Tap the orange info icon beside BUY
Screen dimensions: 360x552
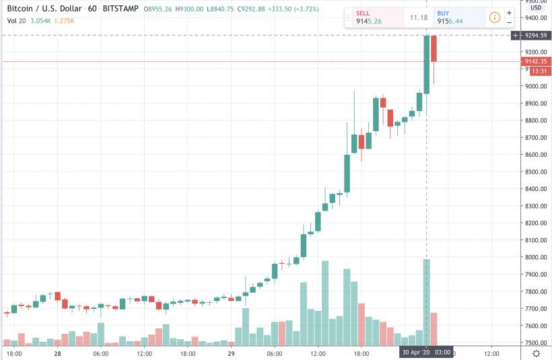pos(494,17)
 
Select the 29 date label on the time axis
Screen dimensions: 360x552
pos(231,353)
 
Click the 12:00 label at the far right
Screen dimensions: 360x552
pos(491,353)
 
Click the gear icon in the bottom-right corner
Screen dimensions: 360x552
pos(536,353)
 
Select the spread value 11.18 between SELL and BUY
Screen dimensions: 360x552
pos(419,17)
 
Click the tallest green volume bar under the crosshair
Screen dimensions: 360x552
pos(426,303)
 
